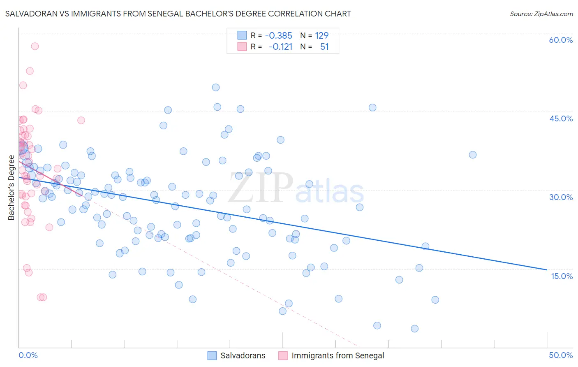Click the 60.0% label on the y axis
click(561, 40)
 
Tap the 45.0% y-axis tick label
click(561, 118)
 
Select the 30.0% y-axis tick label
click(561, 197)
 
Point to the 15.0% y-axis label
click(562, 276)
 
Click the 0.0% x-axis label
click(28, 355)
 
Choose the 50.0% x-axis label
click(561, 355)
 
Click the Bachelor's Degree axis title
click(12, 188)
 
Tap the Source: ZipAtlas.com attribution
click(541, 14)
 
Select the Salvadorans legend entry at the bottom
click(243, 355)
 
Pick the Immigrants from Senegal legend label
click(338, 355)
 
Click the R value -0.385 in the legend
click(278, 35)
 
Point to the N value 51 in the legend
click(324, 46)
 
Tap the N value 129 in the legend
click(321, 35)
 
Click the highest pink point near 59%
click(35, 46)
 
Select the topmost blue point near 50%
click(216, 87)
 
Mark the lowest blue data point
click(414, 328)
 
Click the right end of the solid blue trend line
click(547, 269)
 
